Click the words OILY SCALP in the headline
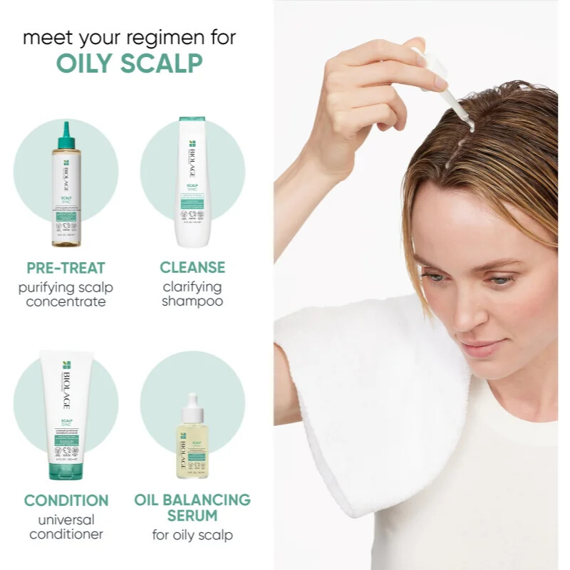tap(129, 63)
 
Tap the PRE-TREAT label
tap(66, 268)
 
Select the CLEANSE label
tap(192, 268)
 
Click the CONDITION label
tap(66, 500)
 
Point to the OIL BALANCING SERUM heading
tap(192, 507)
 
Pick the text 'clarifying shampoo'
tap(192, 294)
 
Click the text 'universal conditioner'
tap(66, 527)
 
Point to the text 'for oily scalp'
tap(192, 535)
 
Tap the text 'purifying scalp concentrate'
tap(66, 294)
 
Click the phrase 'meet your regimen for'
tap(129, 37)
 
